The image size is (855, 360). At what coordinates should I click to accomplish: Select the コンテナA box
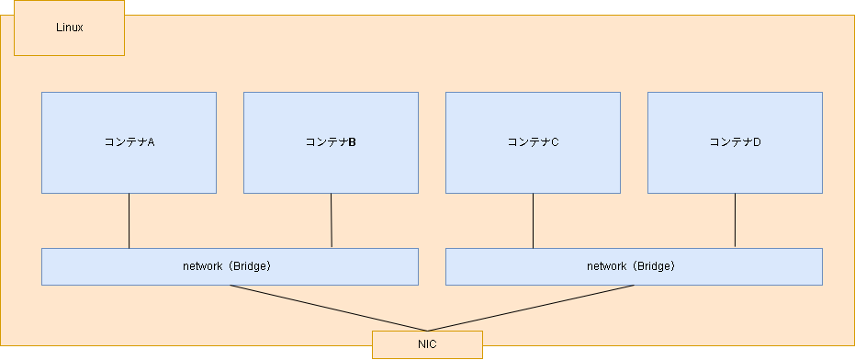[x=129, y=165]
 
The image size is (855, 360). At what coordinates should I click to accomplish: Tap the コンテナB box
[x=331, y=165]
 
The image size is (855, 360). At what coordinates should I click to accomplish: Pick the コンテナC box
[x=533, y=165]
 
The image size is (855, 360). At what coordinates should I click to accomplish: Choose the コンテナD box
[x=735, y=165]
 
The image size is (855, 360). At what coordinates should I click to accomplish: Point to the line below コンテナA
[x=129, y=220]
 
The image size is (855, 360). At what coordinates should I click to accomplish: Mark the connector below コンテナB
[x=331, y=220]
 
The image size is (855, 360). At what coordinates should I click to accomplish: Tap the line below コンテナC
[x=533, y=220]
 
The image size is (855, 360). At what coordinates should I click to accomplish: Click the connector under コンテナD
[x=735, y=220]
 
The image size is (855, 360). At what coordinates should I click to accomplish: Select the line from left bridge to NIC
[x=328, y=308]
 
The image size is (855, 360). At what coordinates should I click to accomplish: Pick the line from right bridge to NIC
[x=531, y=308]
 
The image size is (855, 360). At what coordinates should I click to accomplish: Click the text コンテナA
[x=129, y=142]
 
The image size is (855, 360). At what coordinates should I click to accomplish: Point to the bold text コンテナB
[x=331, y=142]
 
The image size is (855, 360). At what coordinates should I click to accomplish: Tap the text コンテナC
[x=533, y=142]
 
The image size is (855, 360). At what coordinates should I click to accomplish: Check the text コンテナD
[x=735, y=142]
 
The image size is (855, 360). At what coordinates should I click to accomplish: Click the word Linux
[x=69, y=28]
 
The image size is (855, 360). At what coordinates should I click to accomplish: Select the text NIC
[x=427, y=344]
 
